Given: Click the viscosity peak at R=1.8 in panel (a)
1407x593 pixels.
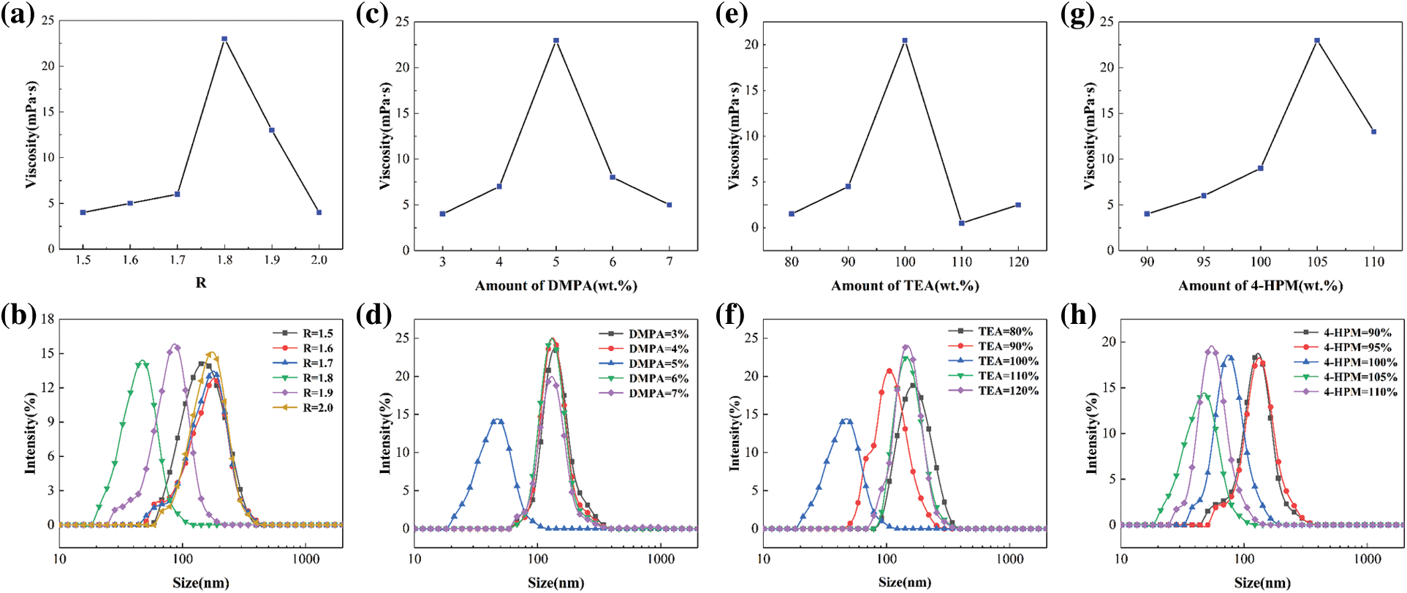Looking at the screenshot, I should click(224, 39).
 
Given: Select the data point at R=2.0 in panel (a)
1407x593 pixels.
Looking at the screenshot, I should click(319, 212).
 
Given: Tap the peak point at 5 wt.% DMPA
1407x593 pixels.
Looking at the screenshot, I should click(556, 40).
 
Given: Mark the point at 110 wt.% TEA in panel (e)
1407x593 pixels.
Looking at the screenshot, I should click(962, 223).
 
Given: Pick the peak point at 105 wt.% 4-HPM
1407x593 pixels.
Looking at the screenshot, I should click(1317, 40).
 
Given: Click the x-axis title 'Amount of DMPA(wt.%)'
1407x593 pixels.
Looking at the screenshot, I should click(556, 286).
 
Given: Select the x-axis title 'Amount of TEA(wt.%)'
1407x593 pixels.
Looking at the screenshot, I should click(905, 286).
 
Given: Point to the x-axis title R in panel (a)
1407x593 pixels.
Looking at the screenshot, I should click(201, 283).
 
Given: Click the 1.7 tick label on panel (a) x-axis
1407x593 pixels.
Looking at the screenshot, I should click(177, 260).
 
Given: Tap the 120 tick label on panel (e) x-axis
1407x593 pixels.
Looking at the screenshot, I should click(1018, 262).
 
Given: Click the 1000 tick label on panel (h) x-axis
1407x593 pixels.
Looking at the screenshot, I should click(1368, 559).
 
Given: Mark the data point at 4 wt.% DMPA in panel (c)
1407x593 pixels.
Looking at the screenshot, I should click(499, 186).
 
